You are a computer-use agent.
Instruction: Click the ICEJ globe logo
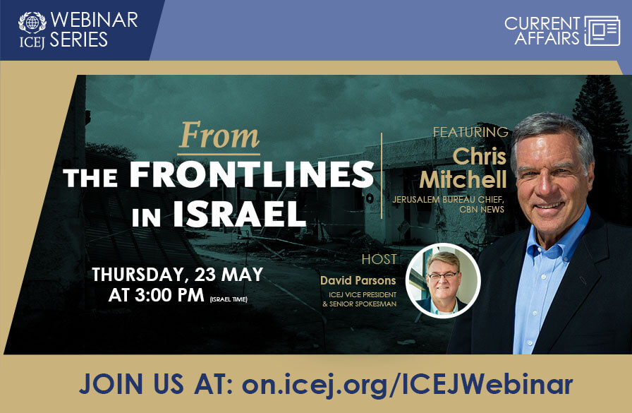pos(32,22)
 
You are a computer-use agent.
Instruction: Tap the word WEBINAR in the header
pos(94,20)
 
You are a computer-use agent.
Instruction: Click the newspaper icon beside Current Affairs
pos(602,30)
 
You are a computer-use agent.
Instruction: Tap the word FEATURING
pos(470,132)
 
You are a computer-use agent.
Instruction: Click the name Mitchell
pos(463,179)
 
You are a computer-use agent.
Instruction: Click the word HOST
pos(379,259)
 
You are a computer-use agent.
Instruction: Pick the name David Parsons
pos(358,280)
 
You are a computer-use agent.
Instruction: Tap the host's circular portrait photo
pos(443,280)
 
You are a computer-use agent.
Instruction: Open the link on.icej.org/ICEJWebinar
pos(407,384)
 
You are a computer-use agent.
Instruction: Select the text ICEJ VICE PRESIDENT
pos(361,294)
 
